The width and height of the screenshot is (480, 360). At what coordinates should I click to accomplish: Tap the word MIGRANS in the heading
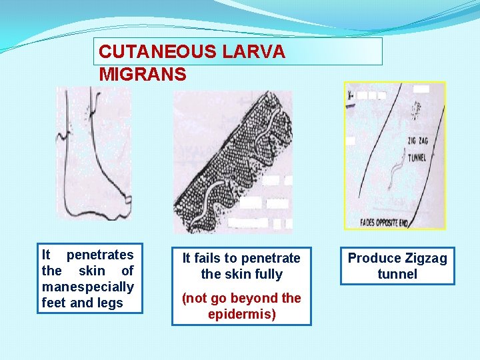point(143,73)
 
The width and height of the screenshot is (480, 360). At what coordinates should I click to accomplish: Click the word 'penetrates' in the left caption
point(100,255)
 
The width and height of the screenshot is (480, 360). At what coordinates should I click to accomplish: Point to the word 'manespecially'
point(88,287)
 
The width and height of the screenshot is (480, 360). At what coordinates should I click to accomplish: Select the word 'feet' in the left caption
point(54,303)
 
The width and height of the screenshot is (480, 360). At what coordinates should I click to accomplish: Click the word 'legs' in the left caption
point(111,303)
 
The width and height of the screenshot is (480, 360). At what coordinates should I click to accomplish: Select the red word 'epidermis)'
point(241,314)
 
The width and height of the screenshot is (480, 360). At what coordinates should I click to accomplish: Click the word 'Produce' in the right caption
point(371,258)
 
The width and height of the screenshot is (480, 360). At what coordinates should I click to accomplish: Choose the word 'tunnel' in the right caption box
point(397,274)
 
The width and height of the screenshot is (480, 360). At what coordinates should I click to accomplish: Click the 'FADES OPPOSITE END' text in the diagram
point(387,223)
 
